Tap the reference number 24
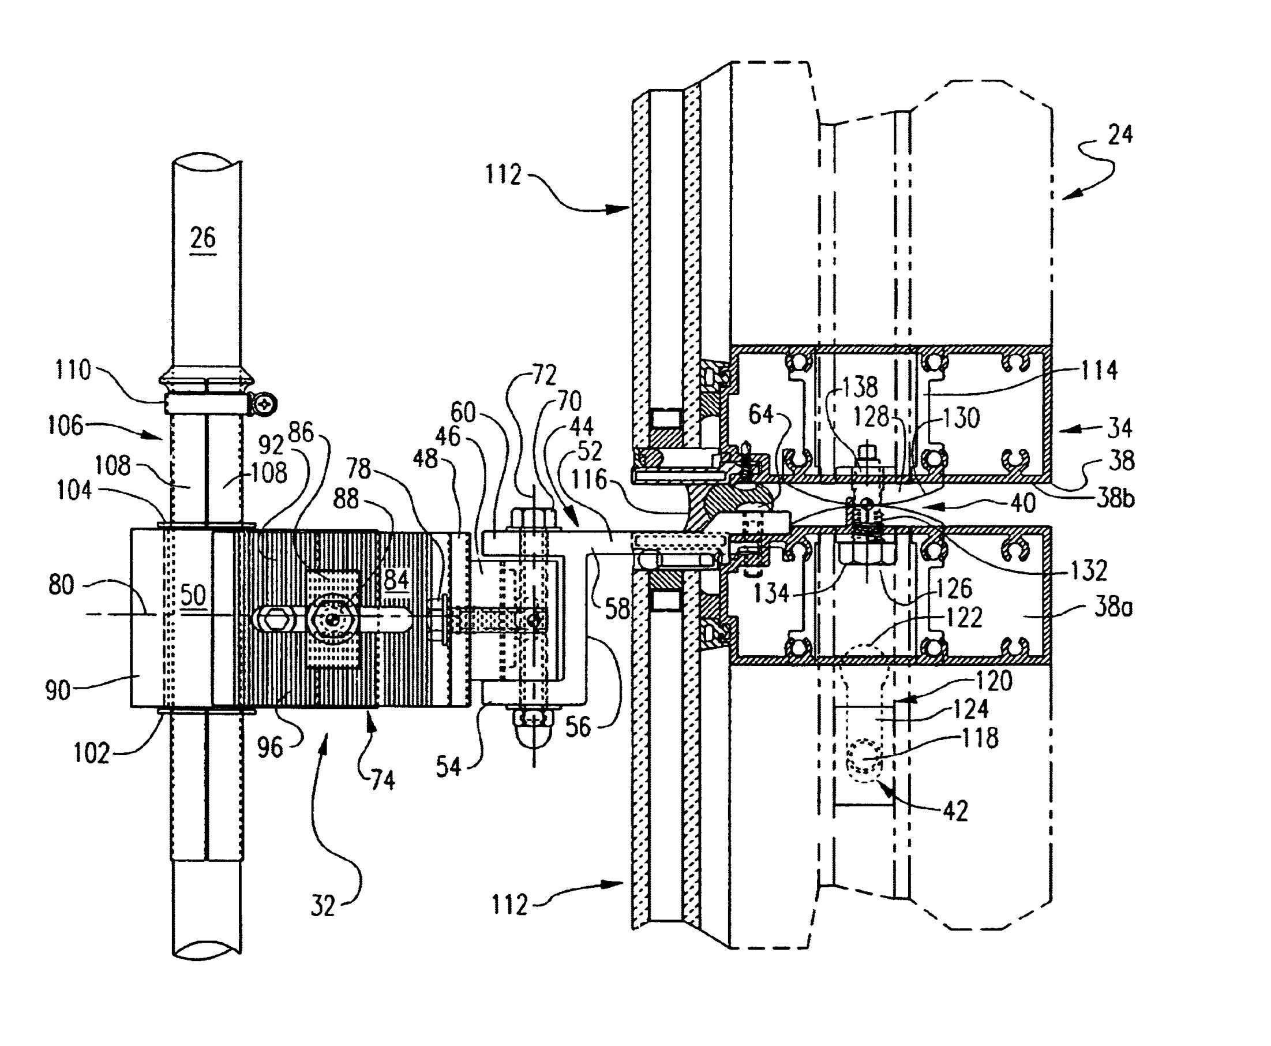point(1119,133)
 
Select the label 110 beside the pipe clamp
point(73,369)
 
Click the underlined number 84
point(396,580)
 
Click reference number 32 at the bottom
point(323,905)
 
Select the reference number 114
point(1099,370)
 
